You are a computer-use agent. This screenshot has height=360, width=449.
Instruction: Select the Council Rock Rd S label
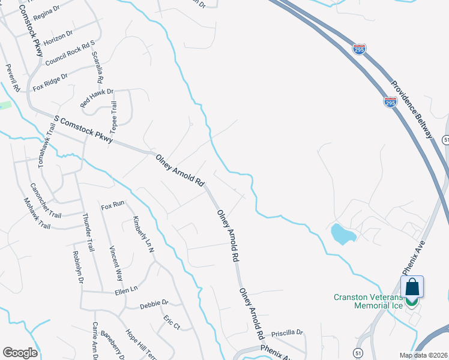pyautogui.click(x=70, y=54)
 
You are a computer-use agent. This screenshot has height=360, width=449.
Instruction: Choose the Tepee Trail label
pyautogui.click(x=113, y=118)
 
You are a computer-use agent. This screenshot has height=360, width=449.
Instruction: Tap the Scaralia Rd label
pyautogui.click(x=97, y=67)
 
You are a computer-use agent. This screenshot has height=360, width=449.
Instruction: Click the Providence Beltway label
pyautogui.click(x=411, y=110)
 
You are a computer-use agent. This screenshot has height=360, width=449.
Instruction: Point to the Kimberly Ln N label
pyautogui.click(x=140, y=232)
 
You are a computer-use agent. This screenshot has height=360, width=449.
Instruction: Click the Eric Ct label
pyautogui.click(x=172, y=322)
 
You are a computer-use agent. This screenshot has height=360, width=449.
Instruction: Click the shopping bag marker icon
pyautogui.click(x=412, y=287)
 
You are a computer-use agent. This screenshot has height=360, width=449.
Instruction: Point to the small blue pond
pyautogui.click(x=342, y=233)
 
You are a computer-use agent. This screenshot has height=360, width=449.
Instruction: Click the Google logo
pyautogui.click(x=20, y=353)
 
